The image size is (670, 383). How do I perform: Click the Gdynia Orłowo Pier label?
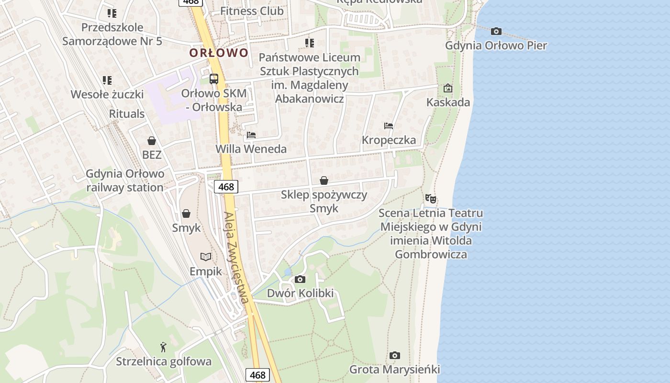pyautogui.click(x=496, y=45)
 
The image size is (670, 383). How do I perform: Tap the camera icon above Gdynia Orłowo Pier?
pyautogui.click(x=496, y=32)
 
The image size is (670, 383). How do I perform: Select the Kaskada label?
pyautogui.click(x=448, y=102)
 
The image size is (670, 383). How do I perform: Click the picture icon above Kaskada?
pyautogui.click(x=448, y=88)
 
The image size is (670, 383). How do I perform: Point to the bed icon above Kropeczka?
pyautogui.click(x=389, y=126)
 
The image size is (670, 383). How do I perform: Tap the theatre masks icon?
pyautogui.click(x=431, y=198)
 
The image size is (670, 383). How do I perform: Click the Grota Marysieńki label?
pyautogui.click(x=394, y=370)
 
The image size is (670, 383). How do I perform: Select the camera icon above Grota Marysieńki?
pyautogui.click(x=394, y=355)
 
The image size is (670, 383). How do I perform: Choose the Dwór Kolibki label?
pyautogui.click(x=300, y=293)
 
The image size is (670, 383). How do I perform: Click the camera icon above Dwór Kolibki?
pyautogui.click(x=300, y=279)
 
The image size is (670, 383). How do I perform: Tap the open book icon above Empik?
pyautogui.click(x=206, y=257)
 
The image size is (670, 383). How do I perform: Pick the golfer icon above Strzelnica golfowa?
pyautogui.click(x=164, y=347)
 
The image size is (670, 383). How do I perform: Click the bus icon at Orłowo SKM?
pyautogui.click(x=214, y=79)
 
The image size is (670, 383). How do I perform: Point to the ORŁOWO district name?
pyautogui.click(x=219, y=53)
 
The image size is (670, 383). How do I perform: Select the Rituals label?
pyautogui.click(x=127, y=113)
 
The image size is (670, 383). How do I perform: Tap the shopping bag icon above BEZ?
pyautogui.click(x=152, y=141)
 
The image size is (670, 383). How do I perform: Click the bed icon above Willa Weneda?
pyautogui.click(x=251, y=135)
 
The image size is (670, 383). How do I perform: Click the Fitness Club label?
pyautogui.click(x=252, y=11)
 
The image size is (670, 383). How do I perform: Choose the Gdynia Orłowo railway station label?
pyautogui.click(x=125, y=180)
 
